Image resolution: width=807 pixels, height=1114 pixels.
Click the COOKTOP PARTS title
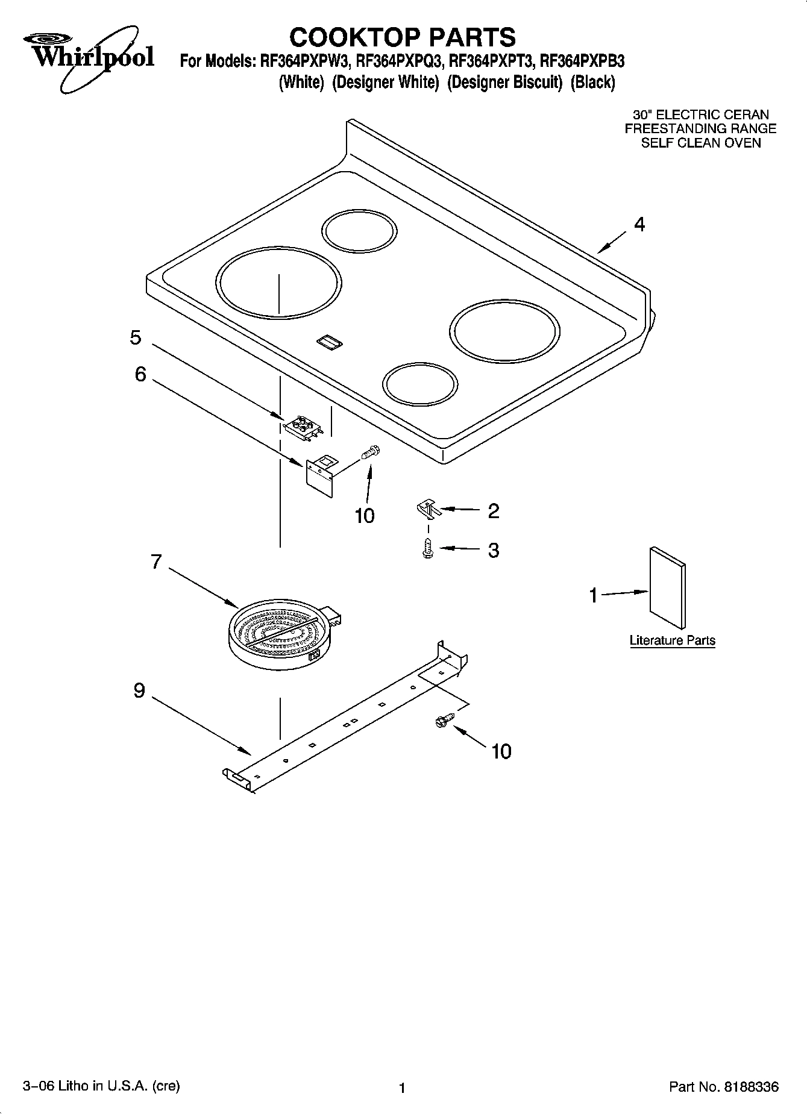point(402,37)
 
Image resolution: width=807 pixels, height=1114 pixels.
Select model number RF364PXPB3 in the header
point(582,61)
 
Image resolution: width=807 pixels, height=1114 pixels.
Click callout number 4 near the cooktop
point(639,225)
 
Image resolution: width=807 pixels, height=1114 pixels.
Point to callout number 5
point(136,337)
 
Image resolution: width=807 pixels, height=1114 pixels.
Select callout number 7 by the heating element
point(156,562)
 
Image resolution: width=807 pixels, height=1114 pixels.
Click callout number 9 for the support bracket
point(139,690)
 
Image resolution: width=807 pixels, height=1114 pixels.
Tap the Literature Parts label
point(672,640)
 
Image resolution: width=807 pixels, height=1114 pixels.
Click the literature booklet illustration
point(667,587)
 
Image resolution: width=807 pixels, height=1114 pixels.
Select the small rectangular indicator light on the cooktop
point(330,342)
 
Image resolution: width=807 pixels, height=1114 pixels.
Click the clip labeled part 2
point(429,509)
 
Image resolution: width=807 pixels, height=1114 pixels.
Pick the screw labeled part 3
point(427,549)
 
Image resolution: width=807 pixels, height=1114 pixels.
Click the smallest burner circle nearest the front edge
point(419,384)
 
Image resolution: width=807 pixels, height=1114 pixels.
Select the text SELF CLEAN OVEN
point(700,143)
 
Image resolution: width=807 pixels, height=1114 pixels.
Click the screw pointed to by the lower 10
point(441,720)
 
